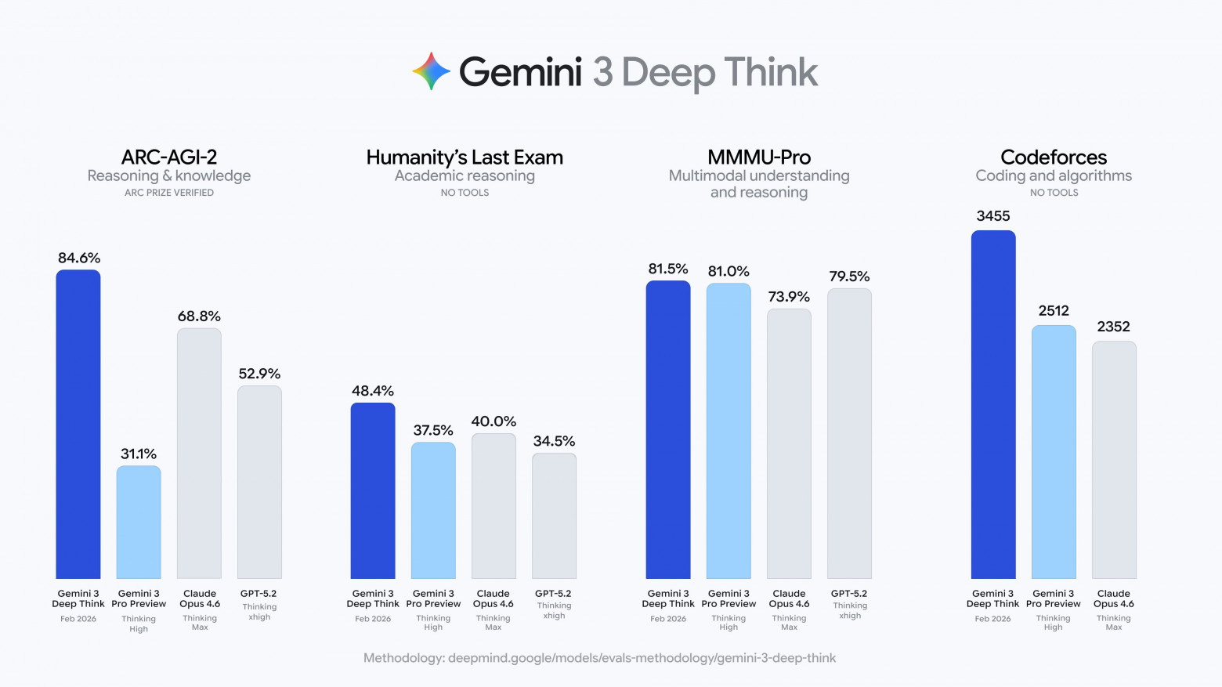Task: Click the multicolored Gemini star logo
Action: [432, 71]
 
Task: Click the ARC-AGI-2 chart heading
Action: [169, 157]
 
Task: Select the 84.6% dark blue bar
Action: [78, 424]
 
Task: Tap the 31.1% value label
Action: [139, 454]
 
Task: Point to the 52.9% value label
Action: [259, 374]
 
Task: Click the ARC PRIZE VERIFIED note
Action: [169, 193]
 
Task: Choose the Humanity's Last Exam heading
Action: [465, 157]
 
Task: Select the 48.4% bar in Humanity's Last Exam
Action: [373, 490]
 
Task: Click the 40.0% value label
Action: [493, 421]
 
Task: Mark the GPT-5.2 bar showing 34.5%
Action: [554, 515]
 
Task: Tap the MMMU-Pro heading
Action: [759, 157]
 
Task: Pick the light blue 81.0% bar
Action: [728, 431]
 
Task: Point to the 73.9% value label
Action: [789, 297]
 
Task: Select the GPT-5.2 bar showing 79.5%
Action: [849, 433]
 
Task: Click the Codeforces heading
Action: [1054, 157]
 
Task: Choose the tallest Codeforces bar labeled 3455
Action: [993, 404]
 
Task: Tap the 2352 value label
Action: [1113, 327]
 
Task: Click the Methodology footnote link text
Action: [599, 658]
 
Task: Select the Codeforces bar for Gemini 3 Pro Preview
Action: [1054, 452]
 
